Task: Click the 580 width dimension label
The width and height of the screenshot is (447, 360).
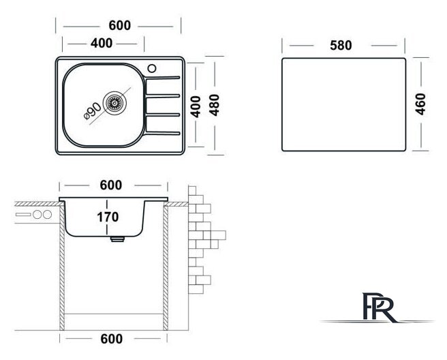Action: (x=341, y=46)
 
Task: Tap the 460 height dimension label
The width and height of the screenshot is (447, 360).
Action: (x=420, y=104)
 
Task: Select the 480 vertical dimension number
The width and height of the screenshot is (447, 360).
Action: (x=214, y=105)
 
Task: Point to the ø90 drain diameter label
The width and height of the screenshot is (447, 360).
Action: (x=93, y=111)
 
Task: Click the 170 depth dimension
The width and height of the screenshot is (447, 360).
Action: (x=108, y=217)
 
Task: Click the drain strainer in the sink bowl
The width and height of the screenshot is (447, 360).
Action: (x=114, y=103)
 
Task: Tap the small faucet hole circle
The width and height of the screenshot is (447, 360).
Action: (x=152, y=68)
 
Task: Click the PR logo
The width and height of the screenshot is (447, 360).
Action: (x=378, y=307)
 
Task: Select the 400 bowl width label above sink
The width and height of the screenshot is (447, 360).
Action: (x=102, y=44)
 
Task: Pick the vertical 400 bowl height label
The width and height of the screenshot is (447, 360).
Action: (x=196, y=106)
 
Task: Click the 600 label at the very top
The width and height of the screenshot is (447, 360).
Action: (x=120, y=25)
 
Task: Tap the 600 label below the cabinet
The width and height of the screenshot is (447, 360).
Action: (x=112, y=339)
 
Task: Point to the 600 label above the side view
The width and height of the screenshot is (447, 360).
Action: (x=111, y=185)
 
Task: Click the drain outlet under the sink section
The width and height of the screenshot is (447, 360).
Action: (x=117, y=239)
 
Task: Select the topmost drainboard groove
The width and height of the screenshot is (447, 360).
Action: (x=163, y=78)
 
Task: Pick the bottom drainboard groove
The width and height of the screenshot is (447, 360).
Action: (x=163, y=133)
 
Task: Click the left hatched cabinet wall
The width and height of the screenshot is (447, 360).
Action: (x=62, y=267)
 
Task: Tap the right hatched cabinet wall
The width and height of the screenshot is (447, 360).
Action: (x=166, y=267)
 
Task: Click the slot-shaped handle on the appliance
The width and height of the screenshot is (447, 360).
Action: (x=23, y=214)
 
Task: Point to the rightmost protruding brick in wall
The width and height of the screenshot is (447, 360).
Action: (x=219, y=235)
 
